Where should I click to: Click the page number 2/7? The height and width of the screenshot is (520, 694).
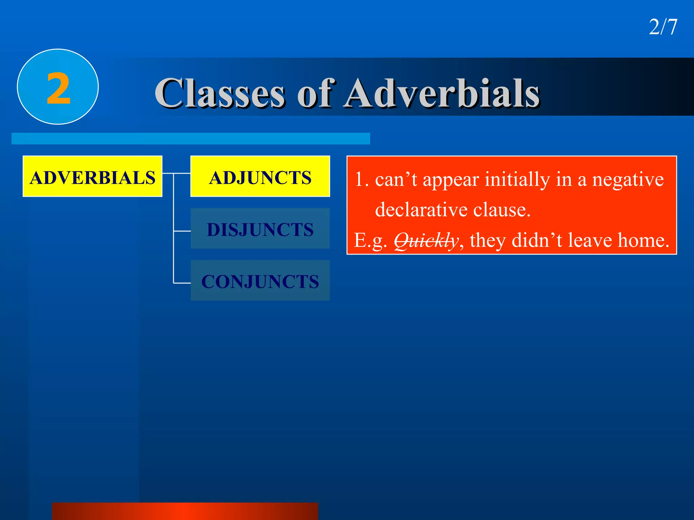[663, 27]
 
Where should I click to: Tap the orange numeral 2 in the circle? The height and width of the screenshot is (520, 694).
[58, 89]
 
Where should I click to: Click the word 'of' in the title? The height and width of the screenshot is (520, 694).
[316, 93]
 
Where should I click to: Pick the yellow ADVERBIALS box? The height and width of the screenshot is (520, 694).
[93, 176]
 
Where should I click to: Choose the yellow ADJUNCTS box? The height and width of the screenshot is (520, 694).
[260, 176]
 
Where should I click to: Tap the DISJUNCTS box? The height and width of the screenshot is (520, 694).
[260, 229]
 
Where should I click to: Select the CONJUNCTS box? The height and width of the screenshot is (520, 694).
[260, 281]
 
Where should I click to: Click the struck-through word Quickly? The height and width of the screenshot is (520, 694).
[426, 241]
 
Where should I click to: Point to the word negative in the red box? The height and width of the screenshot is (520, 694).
[628, 179]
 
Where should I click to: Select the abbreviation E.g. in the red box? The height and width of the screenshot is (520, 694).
[370, 241]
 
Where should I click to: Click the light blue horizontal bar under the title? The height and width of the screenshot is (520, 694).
[190, 138]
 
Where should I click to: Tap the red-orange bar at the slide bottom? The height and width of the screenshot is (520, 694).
[185, 511]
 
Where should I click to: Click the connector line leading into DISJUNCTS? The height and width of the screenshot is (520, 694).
[182, 231]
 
